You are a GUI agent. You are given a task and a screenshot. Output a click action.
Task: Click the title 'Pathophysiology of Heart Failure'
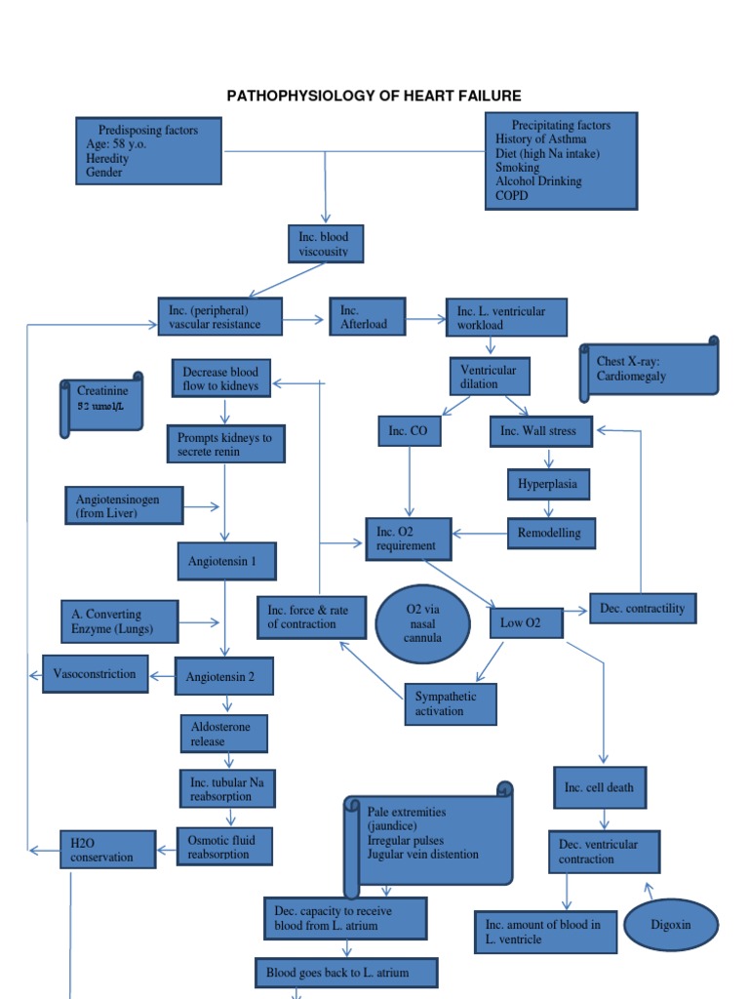374,96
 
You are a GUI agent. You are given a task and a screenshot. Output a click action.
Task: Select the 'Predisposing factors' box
149,151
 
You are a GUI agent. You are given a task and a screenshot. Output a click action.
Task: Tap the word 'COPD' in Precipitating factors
511,195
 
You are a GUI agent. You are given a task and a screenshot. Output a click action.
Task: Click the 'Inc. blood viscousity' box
325,243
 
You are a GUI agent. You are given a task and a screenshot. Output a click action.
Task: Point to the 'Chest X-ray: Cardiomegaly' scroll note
649,369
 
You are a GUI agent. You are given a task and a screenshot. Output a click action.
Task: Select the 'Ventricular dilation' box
489,377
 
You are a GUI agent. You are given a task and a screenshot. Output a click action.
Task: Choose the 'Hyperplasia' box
549,483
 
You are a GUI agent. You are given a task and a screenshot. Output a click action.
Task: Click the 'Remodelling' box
551,534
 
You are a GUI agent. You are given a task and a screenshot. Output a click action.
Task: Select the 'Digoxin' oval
670,924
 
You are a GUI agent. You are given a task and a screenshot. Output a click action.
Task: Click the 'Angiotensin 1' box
226,561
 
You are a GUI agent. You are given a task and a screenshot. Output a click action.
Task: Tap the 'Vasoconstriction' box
96,674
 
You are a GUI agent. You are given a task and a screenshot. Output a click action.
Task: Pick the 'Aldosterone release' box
223,734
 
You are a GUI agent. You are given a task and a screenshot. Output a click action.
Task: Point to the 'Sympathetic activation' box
450,704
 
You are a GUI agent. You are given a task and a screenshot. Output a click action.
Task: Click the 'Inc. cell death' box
599,787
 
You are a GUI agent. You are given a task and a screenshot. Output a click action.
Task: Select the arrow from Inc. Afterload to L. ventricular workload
424,318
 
